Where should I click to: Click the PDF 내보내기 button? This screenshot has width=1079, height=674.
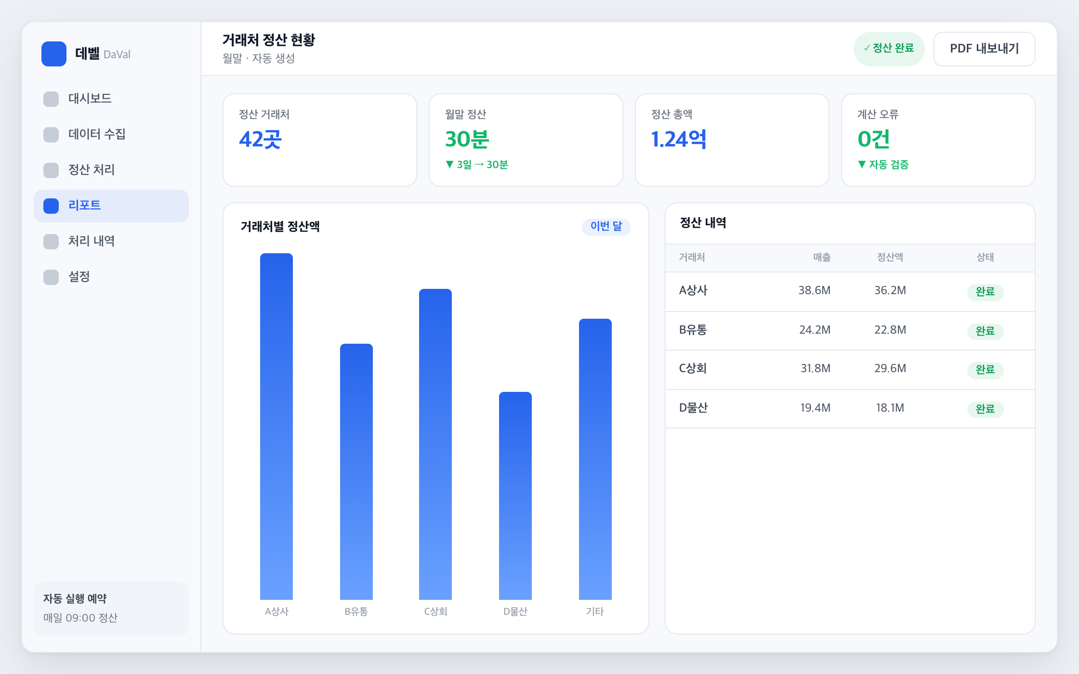click(x=984, y=49)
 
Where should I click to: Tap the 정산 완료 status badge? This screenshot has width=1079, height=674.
click(x=889, y=49)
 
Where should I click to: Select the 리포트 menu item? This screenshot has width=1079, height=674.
click(x=111, y=206)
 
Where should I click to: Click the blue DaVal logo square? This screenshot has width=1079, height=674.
click(x=54, y=54)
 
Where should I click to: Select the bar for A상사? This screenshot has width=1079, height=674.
click(x=276, y=426)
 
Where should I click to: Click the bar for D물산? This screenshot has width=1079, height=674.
click(x=515, y=495)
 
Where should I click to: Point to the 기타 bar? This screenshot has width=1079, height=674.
click(x=595, y=459)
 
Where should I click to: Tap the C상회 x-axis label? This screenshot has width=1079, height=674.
click(x=435, y=611)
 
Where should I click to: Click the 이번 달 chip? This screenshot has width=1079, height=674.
click(x=606, y=226)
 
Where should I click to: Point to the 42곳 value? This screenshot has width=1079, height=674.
click(x=260, y=139)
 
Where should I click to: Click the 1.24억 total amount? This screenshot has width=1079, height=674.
click(x=679, y=139)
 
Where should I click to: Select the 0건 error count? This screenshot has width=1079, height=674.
click(x=873, y=139)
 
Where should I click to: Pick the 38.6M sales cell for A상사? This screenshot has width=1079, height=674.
click(x=815, y=290)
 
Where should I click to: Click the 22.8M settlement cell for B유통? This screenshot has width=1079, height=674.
click(x=890, y=330)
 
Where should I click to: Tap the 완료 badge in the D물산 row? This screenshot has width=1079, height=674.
click(x=985, y=409)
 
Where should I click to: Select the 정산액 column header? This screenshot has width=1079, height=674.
click(x=890, y=257)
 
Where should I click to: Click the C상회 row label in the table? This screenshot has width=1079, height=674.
click(x=693, y=368)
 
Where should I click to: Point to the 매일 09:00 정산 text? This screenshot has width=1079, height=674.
click(x=80, y=618)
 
